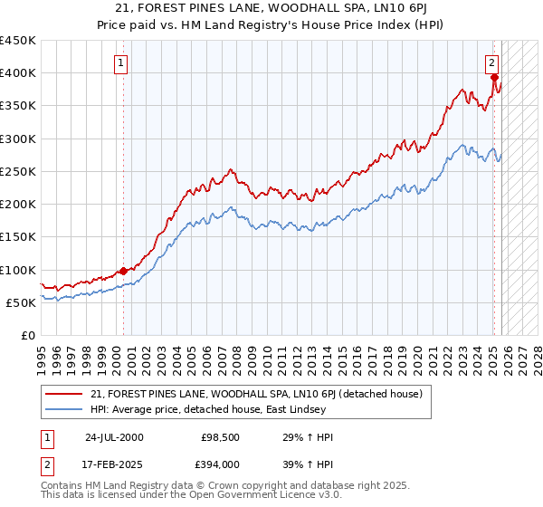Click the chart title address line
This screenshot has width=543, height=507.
(271, 9)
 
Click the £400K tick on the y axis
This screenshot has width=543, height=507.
(18, 73)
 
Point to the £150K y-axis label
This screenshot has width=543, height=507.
(18, 237)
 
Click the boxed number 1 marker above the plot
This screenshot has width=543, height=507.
(120, 63)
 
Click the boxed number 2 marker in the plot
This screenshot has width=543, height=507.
(491, 63)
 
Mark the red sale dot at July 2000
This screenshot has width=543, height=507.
(124, 270)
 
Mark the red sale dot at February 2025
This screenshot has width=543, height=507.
(494, 78)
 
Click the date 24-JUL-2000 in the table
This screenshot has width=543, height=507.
(113, 437)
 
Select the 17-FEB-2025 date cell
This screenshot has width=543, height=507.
(113, 464)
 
